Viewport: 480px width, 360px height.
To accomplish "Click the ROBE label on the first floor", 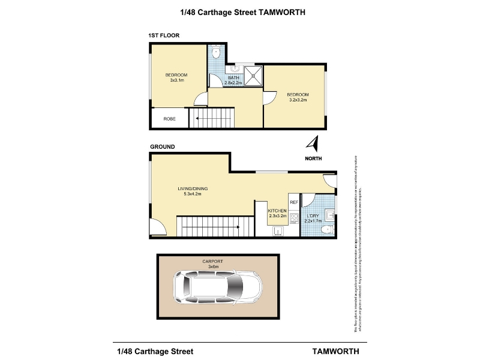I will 170,119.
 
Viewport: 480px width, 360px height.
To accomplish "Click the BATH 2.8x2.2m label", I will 233,80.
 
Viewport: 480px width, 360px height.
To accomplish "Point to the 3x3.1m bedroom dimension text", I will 176,80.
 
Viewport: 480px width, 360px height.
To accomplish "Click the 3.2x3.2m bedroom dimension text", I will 298,100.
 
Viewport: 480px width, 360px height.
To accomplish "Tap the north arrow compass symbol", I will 312,144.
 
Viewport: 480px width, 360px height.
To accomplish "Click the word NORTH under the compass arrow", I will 313,158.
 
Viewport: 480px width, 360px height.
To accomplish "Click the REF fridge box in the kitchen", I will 294,202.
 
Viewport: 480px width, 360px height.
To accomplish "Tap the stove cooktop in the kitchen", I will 294,218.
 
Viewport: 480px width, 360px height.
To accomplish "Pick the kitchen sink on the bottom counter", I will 277,232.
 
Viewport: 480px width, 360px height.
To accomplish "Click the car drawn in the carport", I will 217,287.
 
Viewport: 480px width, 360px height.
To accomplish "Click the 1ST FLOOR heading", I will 164,36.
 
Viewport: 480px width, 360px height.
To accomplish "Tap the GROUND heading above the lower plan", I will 162,147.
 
